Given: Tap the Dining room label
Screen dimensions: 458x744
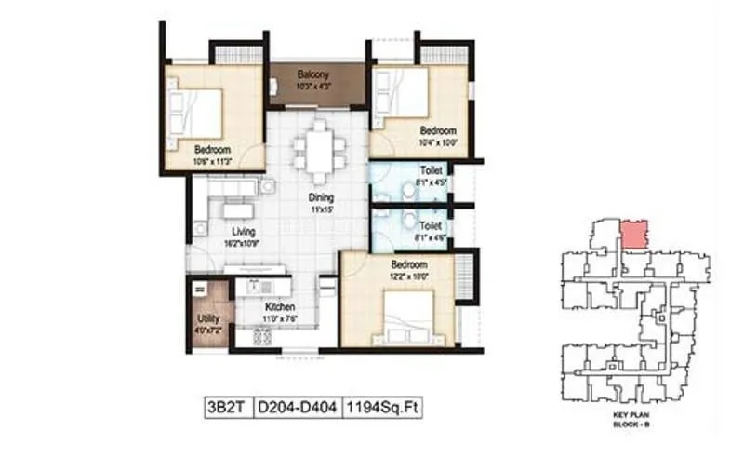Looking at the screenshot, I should (322, 197).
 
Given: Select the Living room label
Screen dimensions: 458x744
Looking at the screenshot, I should (244, 232).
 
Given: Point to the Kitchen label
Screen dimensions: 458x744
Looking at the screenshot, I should (279, 306).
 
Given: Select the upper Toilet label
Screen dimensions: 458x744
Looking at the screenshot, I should (430, 171).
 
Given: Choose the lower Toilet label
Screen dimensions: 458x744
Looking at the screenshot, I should (430, 226).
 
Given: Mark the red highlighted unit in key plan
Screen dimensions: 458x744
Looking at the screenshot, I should (633, 233).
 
